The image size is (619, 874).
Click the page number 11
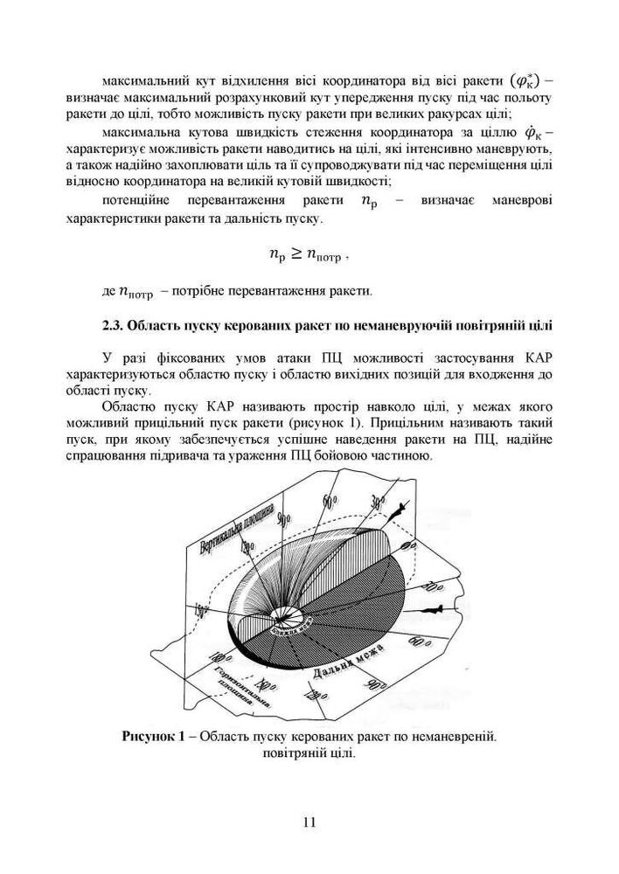click(x=309, y=822)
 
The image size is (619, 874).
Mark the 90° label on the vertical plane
click(x=283, y=518)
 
